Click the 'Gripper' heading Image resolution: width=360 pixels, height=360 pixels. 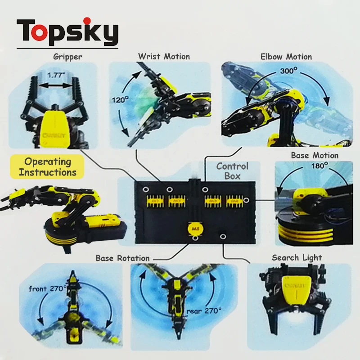(67, 57)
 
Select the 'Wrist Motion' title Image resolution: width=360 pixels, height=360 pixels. (164, 57)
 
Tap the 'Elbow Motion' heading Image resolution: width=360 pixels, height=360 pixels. (286, 57)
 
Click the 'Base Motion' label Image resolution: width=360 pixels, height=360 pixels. (315, 155)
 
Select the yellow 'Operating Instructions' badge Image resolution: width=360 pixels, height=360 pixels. (48, 166)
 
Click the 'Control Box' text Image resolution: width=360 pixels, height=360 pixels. (232, 171)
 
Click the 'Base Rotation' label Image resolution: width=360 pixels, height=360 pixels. (122, 258)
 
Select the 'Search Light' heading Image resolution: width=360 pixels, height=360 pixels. (297, 257)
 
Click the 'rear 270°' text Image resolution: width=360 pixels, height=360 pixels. (205, 310)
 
